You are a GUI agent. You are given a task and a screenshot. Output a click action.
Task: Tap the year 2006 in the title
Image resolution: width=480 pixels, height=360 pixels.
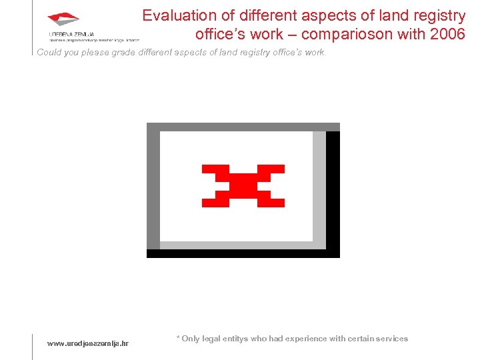click(x=448, y=33)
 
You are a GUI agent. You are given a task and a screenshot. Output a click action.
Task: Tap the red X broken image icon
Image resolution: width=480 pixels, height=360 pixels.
click(x=243, y=185)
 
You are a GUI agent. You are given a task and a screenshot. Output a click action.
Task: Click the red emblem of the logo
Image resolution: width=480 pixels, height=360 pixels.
click(x=63, y=19)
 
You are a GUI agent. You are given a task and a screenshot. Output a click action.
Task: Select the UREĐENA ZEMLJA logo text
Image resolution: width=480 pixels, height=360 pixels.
click(x=71, y=33)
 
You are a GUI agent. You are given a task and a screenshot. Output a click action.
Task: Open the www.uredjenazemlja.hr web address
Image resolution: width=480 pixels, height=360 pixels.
click(x=87, y=343)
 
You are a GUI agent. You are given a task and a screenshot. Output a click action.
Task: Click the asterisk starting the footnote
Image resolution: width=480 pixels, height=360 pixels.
click(x=178, y=338)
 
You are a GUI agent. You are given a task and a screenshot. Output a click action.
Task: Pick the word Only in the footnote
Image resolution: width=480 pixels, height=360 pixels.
click(x=191, y=339)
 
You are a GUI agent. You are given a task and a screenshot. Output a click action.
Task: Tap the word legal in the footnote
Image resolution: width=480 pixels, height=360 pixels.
click(x=213, y=339)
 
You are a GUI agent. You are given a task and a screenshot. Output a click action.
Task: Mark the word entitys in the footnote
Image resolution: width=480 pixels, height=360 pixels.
click(x=236, y=339)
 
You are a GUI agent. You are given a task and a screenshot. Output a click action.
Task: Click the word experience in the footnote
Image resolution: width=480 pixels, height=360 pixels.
click(x=307, y=339)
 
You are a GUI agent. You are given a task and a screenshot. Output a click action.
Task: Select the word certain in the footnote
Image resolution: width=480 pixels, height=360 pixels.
click(x=359, y=339)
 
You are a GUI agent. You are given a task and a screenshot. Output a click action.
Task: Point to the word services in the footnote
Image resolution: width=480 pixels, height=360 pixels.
click(x=392, y=339)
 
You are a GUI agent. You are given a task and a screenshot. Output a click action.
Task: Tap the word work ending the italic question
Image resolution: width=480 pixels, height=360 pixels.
click(x=316, y=53)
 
